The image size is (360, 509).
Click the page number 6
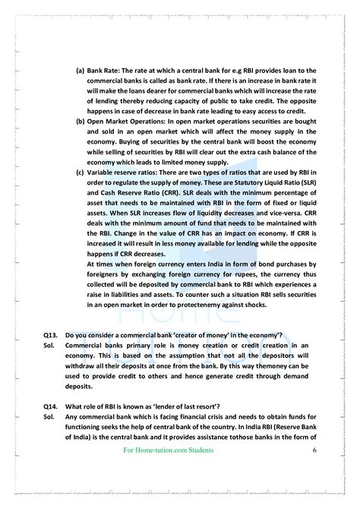click(x=314, y=451)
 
